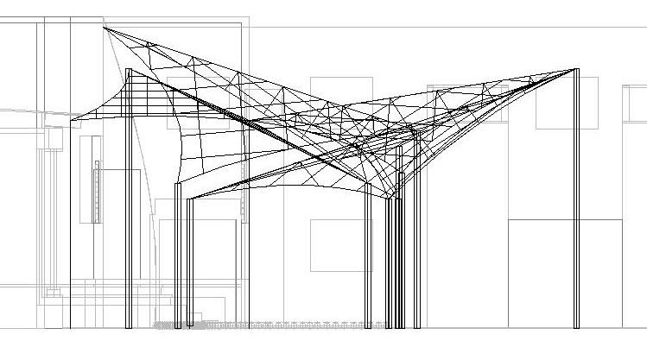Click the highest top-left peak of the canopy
(x=105, y=28)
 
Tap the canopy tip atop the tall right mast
(x=575, y=69)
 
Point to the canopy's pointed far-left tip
(x=73, y=119)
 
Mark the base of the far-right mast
(x=576, y=326)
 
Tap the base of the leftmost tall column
(x=130, y=326)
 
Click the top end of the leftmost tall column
(x=130, y=71)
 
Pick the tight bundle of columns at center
(x=395, y=259)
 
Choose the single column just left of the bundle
(x=368, y=259)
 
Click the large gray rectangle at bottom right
(x=565, y=273)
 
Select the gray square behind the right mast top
(x=567, y=103)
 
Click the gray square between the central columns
(x=340, y=245)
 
